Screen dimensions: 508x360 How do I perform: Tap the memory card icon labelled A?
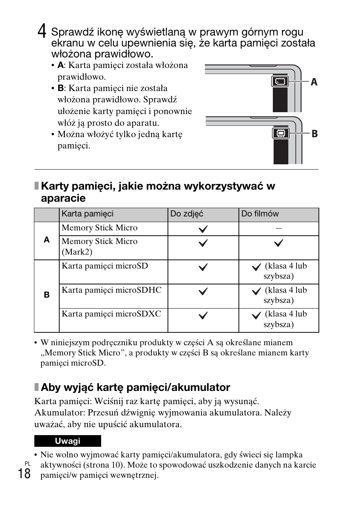click(x=280, y=81)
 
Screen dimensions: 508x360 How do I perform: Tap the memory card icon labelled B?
click(x=280, y=133)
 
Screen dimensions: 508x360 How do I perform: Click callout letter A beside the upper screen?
click(x=314, y=82)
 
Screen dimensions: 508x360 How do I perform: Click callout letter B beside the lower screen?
click(x=314, y=134)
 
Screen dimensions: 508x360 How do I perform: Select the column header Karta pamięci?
click(x=88, y=214)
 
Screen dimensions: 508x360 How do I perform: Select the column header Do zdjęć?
click(x=187, y=214)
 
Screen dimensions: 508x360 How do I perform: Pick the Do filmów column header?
click(x=260, y=214)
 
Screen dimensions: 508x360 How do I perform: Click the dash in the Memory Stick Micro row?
click(x=278, y=228)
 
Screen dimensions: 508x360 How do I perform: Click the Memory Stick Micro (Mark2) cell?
click(x=100, y=247)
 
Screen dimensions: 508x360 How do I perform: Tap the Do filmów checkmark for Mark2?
click(x=278, y=243)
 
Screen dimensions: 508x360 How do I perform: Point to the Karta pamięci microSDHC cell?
click(x=112, y=290)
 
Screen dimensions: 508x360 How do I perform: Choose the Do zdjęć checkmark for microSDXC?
click(x=203, y=315)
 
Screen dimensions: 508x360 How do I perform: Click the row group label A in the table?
click(x=47, y=240)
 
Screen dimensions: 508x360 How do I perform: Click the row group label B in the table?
click(x=47, y=295)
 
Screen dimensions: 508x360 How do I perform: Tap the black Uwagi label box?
click(x=68, y=441)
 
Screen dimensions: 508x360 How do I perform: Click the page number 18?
click(x=24, y=473)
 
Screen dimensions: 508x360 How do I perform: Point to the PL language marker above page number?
click(x=28, y=463)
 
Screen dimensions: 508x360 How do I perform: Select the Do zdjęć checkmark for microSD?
click(x=203, y=267)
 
